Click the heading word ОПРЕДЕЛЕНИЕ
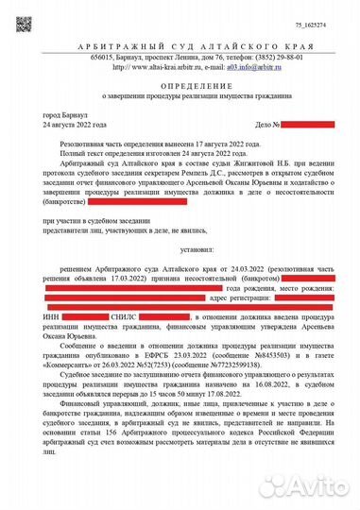180,85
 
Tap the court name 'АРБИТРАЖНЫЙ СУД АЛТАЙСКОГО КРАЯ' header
180,46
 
